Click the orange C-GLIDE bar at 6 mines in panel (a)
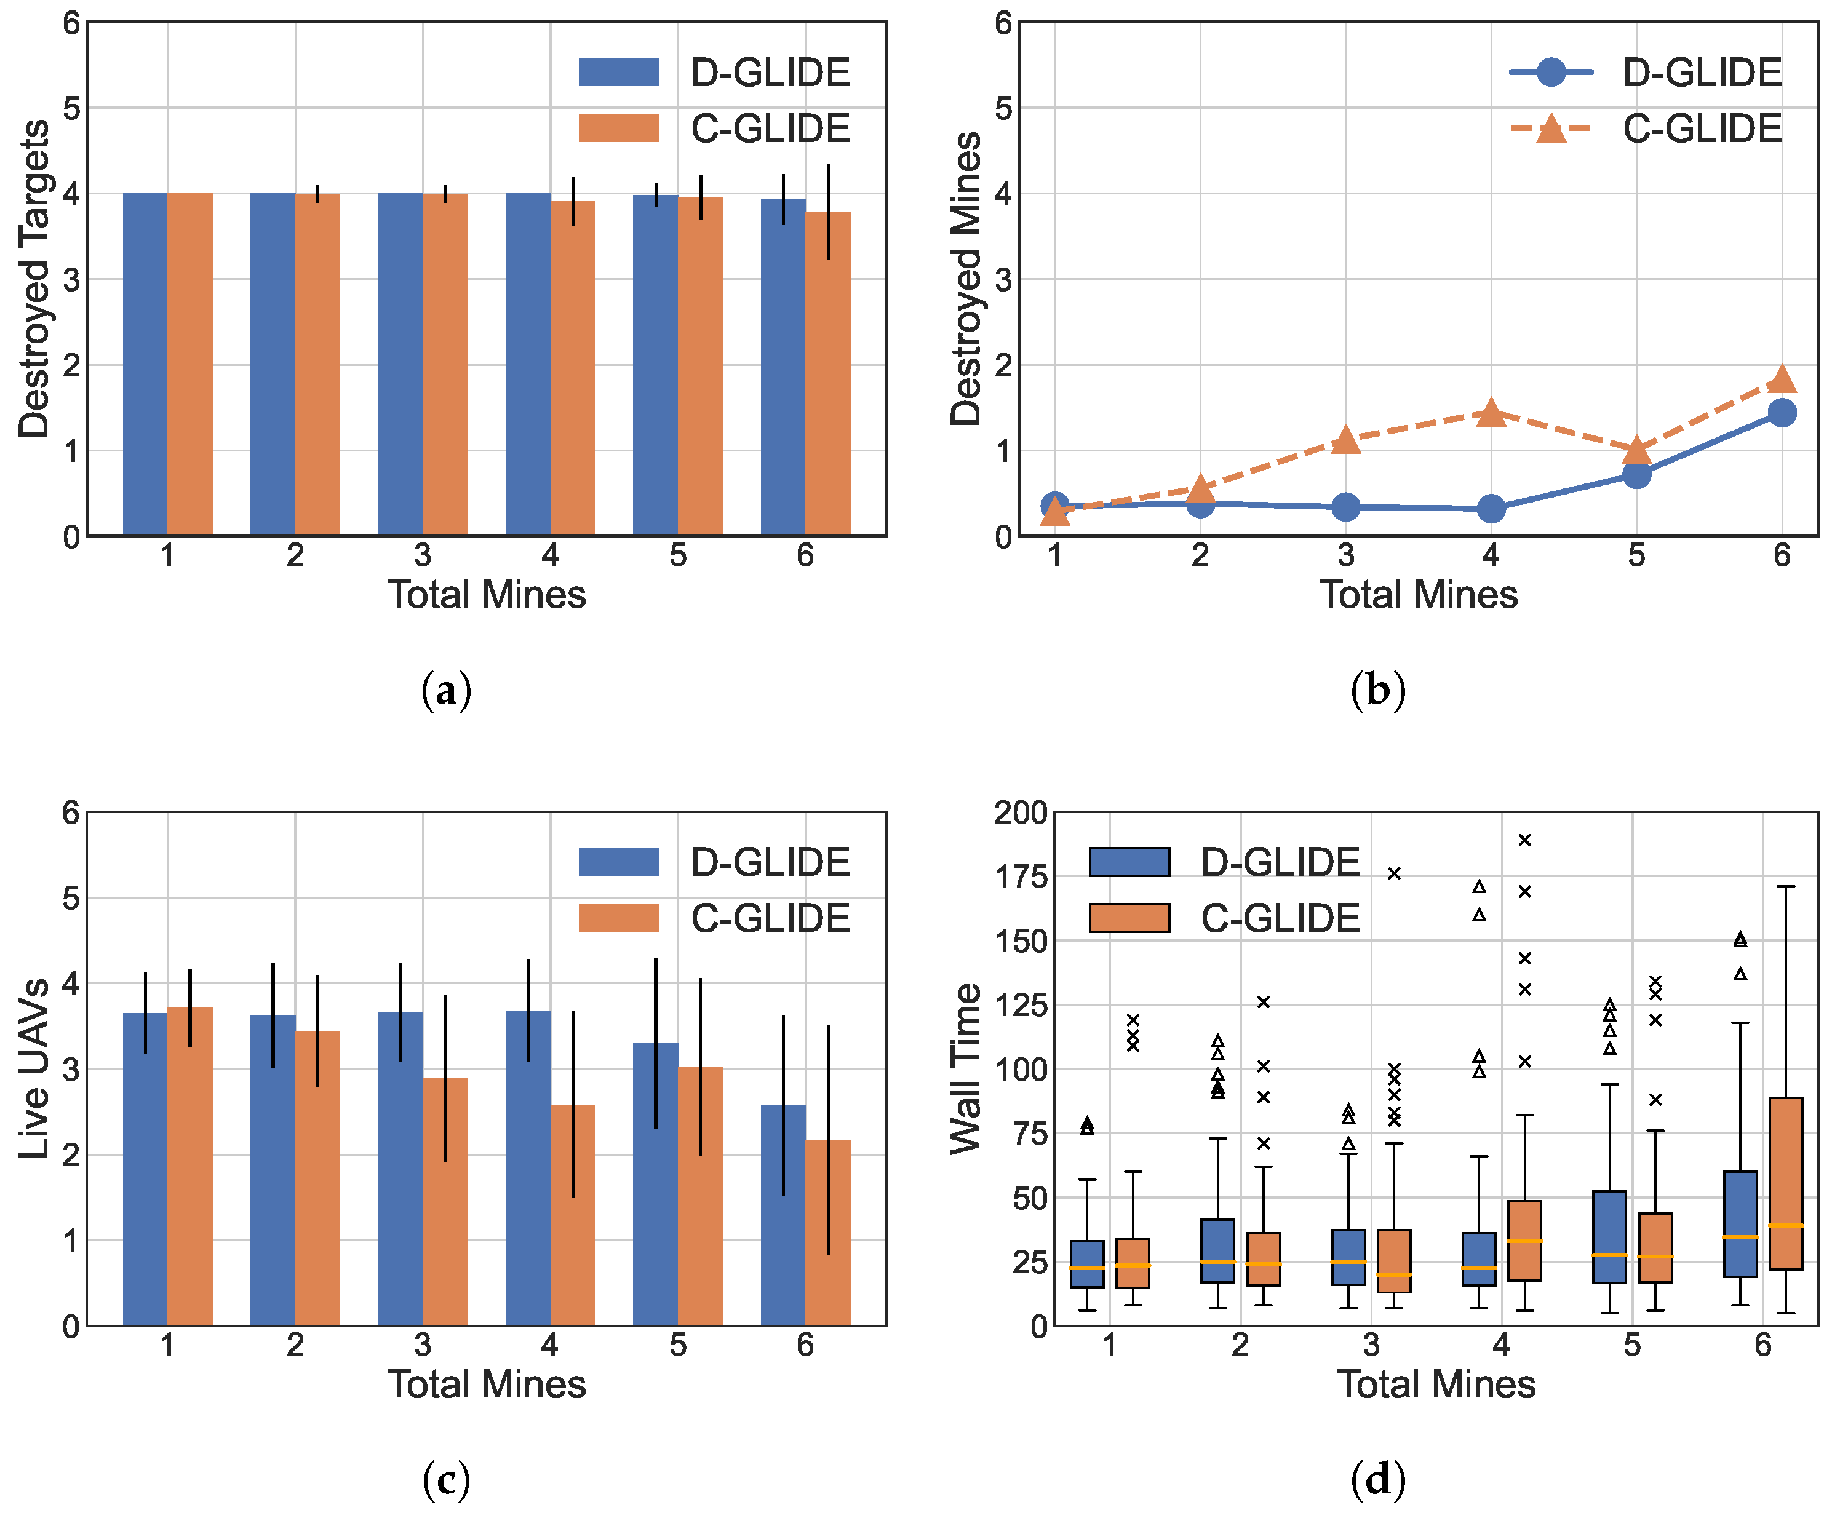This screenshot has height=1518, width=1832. coord(828,375)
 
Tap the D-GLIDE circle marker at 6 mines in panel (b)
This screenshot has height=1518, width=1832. coord(1782,413)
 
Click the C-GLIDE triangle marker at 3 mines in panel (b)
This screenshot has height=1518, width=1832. coord(1345,440)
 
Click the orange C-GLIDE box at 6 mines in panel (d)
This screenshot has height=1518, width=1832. coord(1786,1183)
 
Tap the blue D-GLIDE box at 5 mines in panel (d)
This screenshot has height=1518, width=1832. coord(1609,1236)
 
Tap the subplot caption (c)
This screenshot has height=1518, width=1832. coord(446,1480)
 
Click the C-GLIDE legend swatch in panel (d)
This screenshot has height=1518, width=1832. coord(1129,918)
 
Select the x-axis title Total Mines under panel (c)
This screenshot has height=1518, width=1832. coord(486,1385)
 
